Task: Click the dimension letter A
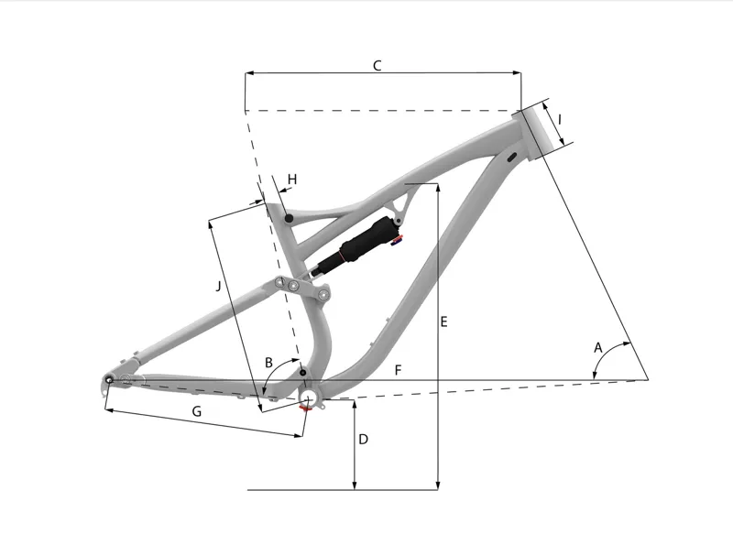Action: (598, 348)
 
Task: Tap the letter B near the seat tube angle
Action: (268, 363)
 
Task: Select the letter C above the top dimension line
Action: (377, 65)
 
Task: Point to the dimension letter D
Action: (363, 440)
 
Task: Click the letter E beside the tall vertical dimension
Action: (443, 322)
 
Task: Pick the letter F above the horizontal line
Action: (398, 370)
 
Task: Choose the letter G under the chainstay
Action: (197, 411)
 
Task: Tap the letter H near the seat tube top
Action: (292, 180)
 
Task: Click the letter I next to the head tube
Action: (560, 120)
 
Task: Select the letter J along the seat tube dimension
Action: (218, 286)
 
